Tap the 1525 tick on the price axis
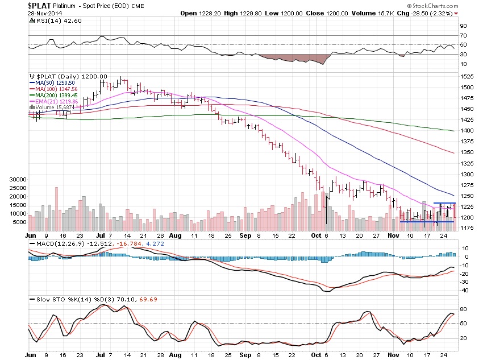(467, 76)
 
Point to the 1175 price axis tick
(467, 228)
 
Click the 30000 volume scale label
(18, 179)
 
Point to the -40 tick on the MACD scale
(464, 290)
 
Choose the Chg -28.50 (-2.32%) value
(445, 13)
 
